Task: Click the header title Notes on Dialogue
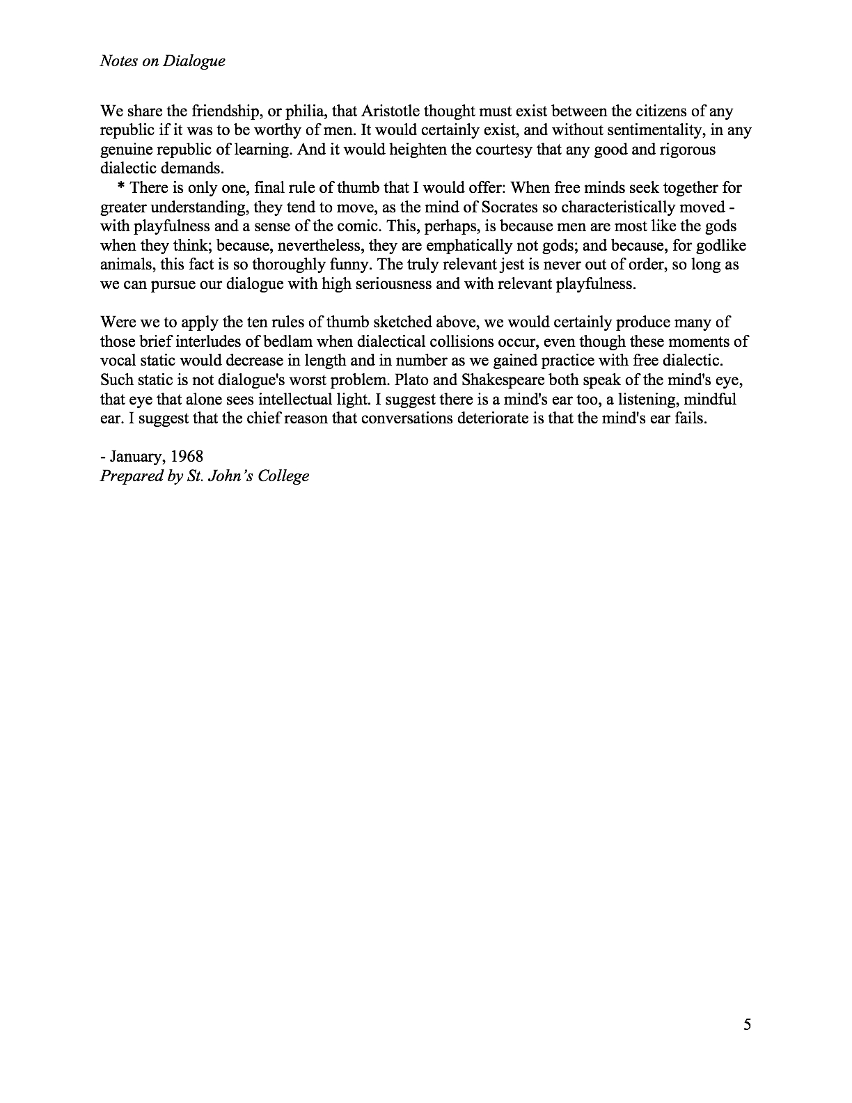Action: pos(162,61)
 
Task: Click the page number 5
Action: pos(748,1024)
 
